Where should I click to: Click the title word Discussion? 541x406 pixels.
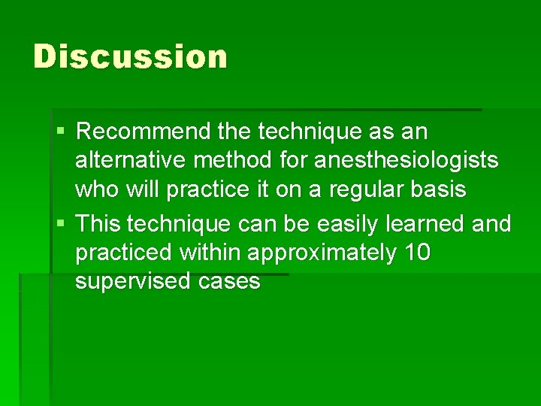[x=130, y=57]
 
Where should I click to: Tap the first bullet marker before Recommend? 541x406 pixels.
[x=61, y=132]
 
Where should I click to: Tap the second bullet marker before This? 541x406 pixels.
[x=61, y=224]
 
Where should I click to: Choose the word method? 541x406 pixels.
[x=225, y=160]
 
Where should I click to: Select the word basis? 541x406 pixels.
[x=439, y=189]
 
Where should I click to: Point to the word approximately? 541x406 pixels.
[x=322, y=253]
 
